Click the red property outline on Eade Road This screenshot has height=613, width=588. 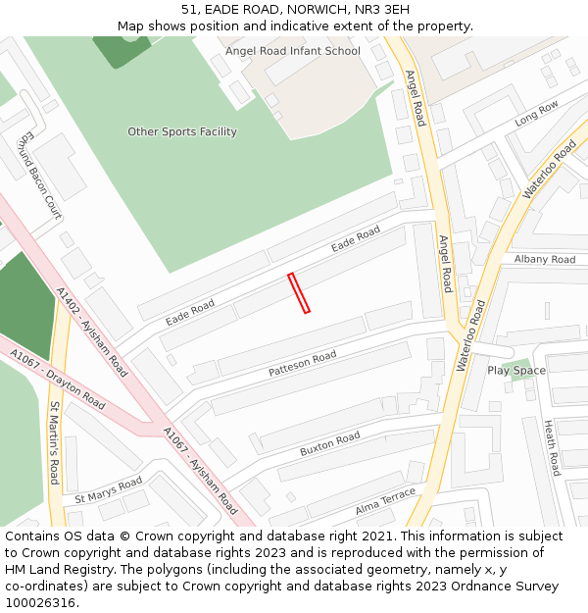pyautogui.click(x=299, y=292)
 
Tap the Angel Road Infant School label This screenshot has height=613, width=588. pyautogui.click(x=292, y=51)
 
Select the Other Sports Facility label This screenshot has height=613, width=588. pyautogui.click(x=182, y=131)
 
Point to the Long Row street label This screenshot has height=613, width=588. pyautogui.click(x=537, y=113)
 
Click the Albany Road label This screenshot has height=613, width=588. pyautogui.click(x=545, y=260)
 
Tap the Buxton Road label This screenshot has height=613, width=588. pyautogui.click(x=329, y=443)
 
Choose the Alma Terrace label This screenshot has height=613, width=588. pyautogui.click(x=385, y=498)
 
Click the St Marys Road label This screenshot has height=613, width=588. pyautogui.click(x=108, y=489)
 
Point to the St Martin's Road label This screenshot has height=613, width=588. pyautogui.click(x=55, y=443)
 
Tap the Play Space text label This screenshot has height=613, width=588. pyautogui.click(x=516, y=371)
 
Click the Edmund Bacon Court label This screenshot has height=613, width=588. pyautogui.click(x=40, y=175)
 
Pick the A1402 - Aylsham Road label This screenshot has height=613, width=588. pyautogui.click(x=92, y=332)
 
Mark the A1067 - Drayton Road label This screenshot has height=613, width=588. pyautogui.click(x=57, y=380)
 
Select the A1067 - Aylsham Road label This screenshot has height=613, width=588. pyautogui.click(x=200, y=471)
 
